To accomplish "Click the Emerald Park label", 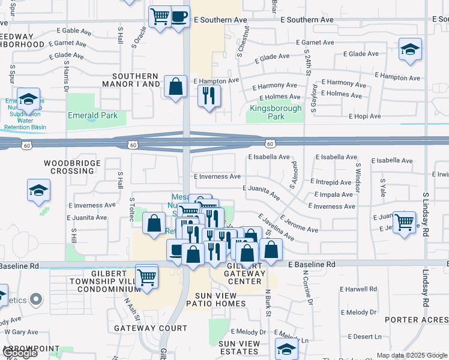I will pos(92,116).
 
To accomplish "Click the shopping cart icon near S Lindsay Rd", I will pos(405,222).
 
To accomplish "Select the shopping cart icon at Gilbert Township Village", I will pos(146,277).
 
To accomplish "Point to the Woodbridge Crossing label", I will pos(69,167).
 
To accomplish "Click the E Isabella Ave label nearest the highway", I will pos(269,157).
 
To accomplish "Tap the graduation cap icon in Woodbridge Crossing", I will pos(39,191).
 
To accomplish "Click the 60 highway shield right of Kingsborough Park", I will pos(270,143).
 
